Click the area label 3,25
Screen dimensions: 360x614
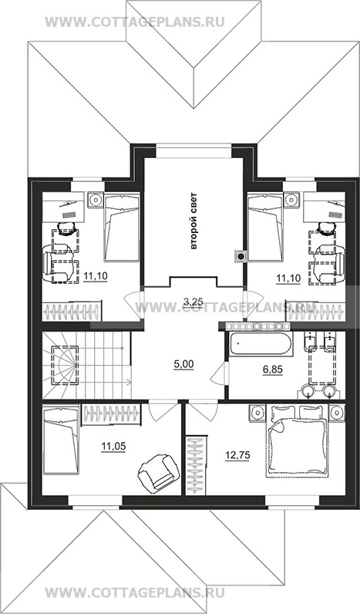193,301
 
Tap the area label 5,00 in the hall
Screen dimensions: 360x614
184,365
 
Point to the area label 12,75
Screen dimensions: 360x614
237,454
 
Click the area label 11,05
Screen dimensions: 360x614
113,446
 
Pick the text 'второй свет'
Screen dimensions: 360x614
193,221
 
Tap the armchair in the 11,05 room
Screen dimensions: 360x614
156,471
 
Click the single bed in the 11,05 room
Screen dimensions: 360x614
61,440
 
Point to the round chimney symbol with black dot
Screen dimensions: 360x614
241,257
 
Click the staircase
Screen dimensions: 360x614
86,366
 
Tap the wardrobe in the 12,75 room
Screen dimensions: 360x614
197,465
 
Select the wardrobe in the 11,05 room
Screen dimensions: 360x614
112,414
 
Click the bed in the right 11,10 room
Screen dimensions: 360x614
265,227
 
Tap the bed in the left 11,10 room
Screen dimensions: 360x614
122,227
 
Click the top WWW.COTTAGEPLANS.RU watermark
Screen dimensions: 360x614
135,22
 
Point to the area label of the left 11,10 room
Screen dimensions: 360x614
96,276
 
